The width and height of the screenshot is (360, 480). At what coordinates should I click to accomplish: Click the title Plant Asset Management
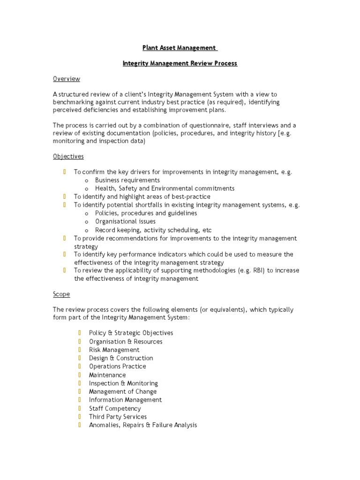coord(180,48)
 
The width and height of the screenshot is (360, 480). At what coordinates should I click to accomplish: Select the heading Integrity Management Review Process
coord(180,63)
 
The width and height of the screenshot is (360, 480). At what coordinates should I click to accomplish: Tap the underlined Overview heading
coord(66,79)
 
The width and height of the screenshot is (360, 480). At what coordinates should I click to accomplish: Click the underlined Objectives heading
coord(68,156)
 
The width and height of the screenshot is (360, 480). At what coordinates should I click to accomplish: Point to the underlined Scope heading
coord(61,294)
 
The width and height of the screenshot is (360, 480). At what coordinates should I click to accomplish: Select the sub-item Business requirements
coord(127,180)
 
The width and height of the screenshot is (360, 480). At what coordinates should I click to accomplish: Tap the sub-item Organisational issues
coord(125,221)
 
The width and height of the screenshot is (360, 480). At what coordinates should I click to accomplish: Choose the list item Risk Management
coord(114,350)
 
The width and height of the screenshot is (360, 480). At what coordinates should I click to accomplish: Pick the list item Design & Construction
coord(121,358)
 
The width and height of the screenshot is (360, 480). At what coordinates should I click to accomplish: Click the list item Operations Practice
coord(117,367)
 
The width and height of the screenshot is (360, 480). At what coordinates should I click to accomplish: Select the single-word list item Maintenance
coord(107,375)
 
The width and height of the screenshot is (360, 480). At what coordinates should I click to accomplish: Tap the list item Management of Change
coord(123,391)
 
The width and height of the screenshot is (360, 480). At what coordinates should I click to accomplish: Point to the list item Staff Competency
coord(115,408)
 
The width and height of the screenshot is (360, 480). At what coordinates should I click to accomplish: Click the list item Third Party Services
coord(118,417)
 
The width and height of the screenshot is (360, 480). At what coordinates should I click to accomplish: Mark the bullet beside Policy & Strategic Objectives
coord(80,333)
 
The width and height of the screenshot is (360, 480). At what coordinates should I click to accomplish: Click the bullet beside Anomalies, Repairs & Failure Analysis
coord(80,425)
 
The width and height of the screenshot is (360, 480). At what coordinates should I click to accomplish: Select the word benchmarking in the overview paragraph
coord(74,102)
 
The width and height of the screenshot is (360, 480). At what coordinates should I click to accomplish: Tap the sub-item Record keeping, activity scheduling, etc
coord(153,230)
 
